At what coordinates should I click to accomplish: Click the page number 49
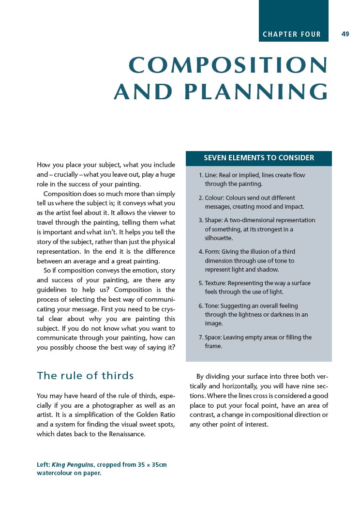coord(345,34)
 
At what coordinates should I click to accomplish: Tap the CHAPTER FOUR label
coord(291,34)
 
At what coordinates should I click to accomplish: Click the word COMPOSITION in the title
coord(228,66)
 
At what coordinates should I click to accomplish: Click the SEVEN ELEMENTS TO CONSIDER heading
coord(259,158)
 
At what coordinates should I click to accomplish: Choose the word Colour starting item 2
coord(216,198)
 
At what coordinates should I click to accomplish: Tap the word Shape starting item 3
coord(213,220)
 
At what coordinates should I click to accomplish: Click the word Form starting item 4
coord(212,252)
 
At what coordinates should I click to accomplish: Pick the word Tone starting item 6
coord(212,306)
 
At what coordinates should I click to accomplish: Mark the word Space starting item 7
coord(213,338)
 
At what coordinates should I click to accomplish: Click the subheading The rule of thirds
coord(85,376)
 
